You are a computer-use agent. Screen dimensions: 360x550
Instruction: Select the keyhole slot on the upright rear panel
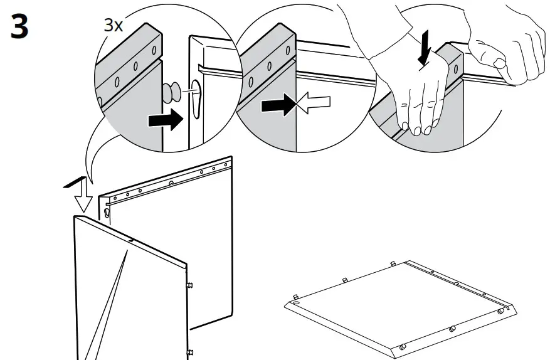[x=110, y=213]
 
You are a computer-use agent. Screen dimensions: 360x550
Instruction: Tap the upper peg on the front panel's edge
[x=188, y=284]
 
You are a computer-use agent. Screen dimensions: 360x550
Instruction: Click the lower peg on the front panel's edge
[x=188, y=352]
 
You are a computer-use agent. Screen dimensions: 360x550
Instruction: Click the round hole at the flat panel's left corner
[x=295, y=303]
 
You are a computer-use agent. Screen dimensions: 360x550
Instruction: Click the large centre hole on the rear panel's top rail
[x=171, y=183]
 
